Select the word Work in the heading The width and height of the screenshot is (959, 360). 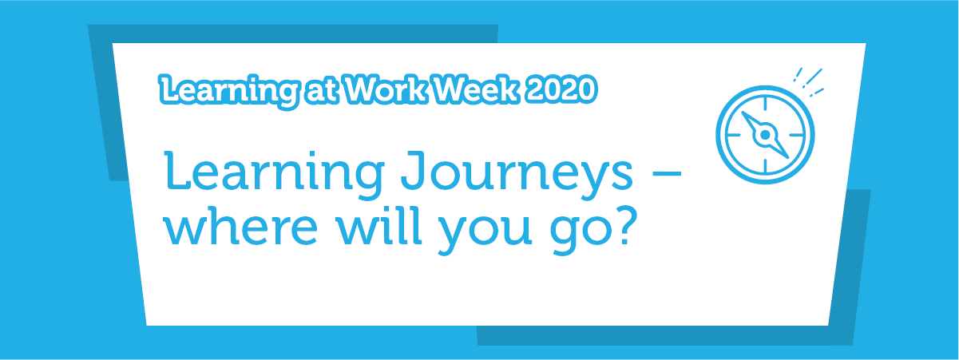pyautogui.click(x=386, y=89)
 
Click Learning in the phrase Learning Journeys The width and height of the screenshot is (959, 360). pyautogui.click(x=274, y=174)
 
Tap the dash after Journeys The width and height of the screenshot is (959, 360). pyautogui.click(x=664, y=173)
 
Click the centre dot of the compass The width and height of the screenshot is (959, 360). pyautogui.click(x=765, y=135)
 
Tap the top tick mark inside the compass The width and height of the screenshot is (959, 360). pyautogui.click(x=765, y=103)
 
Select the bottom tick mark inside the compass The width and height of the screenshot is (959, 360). pyautogui.click(x=765, y=167)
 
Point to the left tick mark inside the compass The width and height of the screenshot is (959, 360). pyautogui.click(x=733, y=135)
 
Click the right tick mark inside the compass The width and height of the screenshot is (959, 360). pyautogui.click(x=797, y=135)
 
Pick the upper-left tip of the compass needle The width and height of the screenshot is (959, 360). pyautogui.click(x=743, y=113)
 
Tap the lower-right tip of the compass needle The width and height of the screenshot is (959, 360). pyautogui.click(x=788, y=158)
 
